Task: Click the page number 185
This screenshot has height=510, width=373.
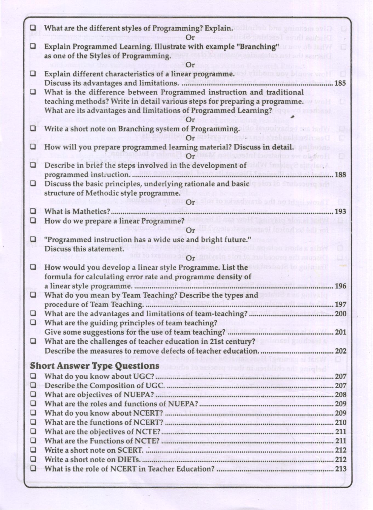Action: point(340,83)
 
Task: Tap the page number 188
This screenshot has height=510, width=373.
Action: point(340,175)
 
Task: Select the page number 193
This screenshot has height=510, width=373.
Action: point(340,212)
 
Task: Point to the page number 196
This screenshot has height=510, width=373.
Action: point(340,286)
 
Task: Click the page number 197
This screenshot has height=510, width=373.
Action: point(340,305)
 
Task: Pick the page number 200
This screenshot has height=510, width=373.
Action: point(340,314)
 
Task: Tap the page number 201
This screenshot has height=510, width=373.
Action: point(340,332)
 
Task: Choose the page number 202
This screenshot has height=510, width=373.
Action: point(340,351)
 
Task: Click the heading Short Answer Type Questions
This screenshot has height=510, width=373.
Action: point(95,366)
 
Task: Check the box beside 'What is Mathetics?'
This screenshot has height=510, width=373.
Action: point(33,211)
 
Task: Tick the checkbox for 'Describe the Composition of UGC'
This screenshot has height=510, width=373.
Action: point(33,385)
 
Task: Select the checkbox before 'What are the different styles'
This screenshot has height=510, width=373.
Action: point(33,28)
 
